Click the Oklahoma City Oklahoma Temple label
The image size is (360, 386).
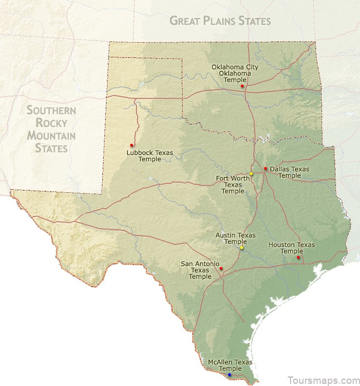point(235,73)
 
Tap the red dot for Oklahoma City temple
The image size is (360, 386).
point(242,86)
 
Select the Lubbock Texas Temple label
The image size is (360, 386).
point(150,155)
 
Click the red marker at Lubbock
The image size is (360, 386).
point(131,145)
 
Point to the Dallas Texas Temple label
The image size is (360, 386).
point(290,172)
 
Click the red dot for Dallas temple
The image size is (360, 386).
point(266,169)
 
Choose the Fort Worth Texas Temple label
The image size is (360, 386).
point(233,185)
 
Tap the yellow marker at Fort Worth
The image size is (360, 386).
point(251,174)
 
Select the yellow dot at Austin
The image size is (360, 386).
point(242,247)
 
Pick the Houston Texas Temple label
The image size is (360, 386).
point(292,248)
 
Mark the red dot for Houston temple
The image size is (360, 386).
point(299,258)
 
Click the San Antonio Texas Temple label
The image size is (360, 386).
point(200,270)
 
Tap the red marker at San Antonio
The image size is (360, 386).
point(221,269)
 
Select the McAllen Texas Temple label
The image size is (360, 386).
point(230,365)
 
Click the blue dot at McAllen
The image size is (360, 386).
point(229,374)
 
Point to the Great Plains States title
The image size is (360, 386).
point(220,21)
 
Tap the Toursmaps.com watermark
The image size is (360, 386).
point(323,380)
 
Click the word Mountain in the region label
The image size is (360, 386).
point(51,136)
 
